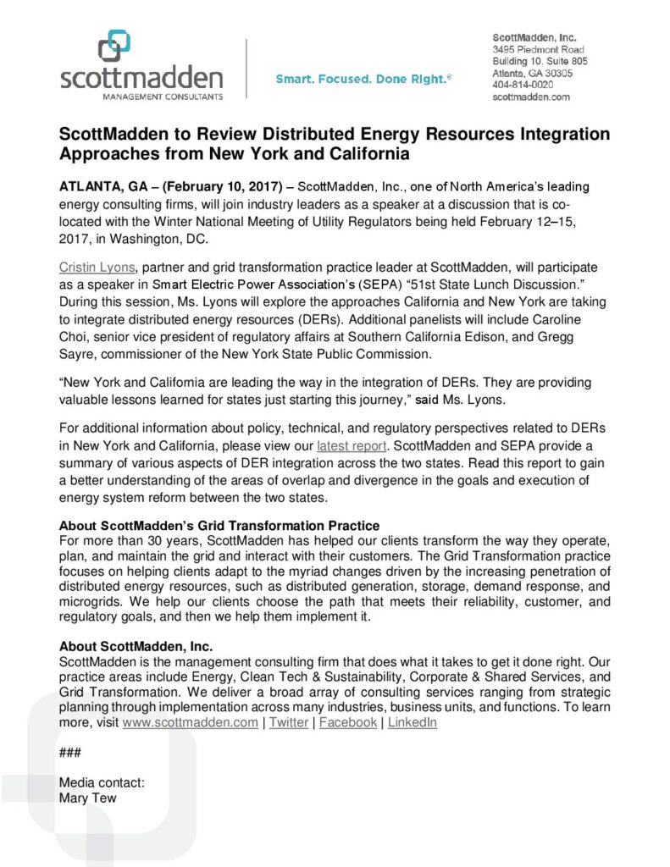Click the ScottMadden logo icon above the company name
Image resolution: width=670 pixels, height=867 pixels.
coord(114,46)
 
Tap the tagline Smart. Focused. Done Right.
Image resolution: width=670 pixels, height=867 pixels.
coord(363,80)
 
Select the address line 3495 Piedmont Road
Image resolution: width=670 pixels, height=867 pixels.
coord(539,50)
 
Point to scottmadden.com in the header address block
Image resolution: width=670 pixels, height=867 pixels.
coord(531,97)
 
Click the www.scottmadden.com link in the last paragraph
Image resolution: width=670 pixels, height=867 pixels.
coord(191,722)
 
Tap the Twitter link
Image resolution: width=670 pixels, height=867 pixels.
coord(289,722)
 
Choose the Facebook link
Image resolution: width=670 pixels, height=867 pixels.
coord(348,722)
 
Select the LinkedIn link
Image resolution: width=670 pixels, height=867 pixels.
coord(413,722)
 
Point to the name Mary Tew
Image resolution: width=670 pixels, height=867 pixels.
coord(87,798)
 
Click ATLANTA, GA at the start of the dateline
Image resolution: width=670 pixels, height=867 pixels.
coord(104,186)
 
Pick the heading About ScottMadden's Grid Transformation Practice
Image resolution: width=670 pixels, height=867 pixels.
coord(219,526)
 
